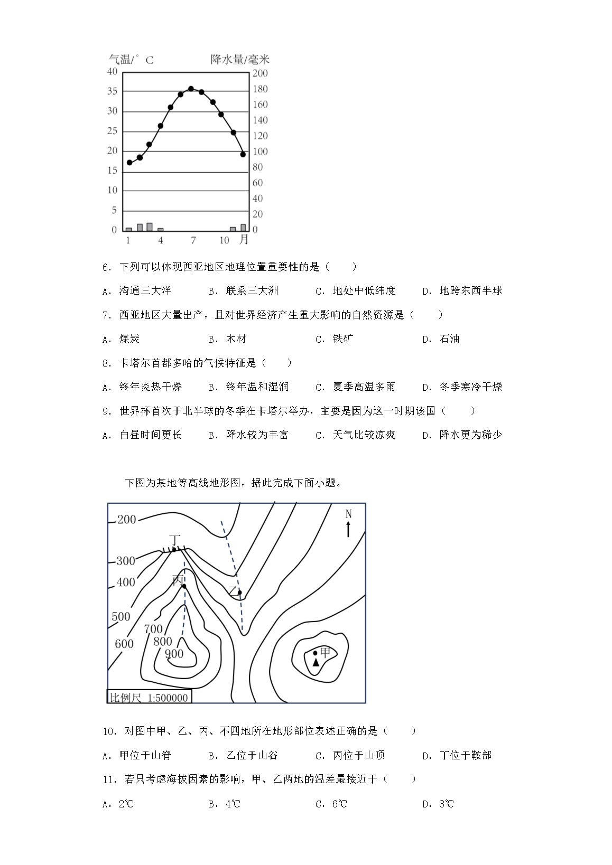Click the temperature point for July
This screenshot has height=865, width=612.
click(x=191, y=89)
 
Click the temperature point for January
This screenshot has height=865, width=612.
click(x=129, y=162)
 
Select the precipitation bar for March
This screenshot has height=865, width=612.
click(x=150, y=227)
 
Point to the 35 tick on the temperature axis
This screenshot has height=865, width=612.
click(x=112, y=91)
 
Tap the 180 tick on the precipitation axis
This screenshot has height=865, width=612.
click(x=260, y=89)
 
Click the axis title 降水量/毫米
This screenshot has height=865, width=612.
click(x=240, y=59)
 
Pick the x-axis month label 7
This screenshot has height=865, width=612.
click(x=193, y=240)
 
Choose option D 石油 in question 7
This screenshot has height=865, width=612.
click(x=441, y=339)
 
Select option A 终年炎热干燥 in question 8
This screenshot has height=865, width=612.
click(x=142, y=387)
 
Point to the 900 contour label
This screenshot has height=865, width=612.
click(x=174, y=654)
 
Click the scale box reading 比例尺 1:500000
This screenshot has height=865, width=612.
click(x=149, y=697)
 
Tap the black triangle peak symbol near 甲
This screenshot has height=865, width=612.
click(x=316, y=662)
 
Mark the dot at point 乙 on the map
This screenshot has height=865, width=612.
click(x=239, y=593)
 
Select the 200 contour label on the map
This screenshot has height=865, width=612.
click(x=126, y=520)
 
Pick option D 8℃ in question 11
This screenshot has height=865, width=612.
click(x=439, y=804)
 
